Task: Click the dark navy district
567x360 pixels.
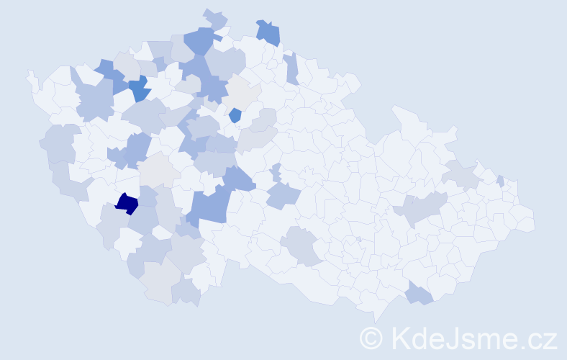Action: point(127,204)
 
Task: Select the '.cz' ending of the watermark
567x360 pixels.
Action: point(540,338)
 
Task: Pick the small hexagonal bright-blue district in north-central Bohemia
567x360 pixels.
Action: point(235,114)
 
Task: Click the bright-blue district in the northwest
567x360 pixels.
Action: point(140,89)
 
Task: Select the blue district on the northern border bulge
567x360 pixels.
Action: point(268,32)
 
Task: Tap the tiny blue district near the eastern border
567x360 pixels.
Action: point(500,181)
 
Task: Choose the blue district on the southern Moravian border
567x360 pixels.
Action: point(418,294)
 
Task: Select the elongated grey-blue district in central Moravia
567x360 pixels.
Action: point(421,208)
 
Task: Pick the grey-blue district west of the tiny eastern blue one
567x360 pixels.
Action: point(461,174)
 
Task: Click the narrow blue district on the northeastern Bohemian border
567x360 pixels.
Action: point(291,68)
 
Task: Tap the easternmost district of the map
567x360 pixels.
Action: point(529,220)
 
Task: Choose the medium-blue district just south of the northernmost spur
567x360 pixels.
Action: point(201,40)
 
